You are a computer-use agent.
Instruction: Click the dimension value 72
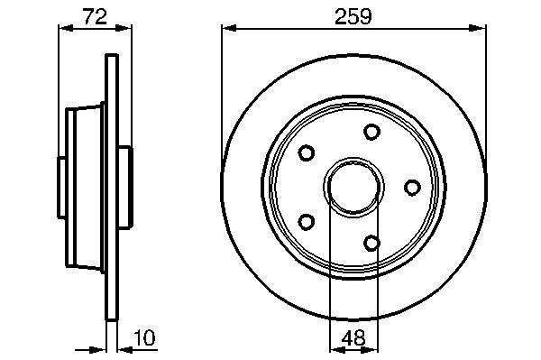(x=95, y=16)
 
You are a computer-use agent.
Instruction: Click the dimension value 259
(x=353, y=16)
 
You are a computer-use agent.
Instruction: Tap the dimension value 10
(x=144, y=338)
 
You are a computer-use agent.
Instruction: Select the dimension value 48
(x=354, y=338)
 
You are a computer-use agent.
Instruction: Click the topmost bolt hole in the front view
(x=371, y=132)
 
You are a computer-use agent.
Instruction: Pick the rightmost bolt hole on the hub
(x=412, y=188)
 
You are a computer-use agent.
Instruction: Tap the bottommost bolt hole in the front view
(x=371, y=243)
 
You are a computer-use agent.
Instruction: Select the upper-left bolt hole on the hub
(x=306, y=152)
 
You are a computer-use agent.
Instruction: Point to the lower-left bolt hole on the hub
(x=306, y=222)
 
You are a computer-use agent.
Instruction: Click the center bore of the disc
(x=354, y=188)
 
